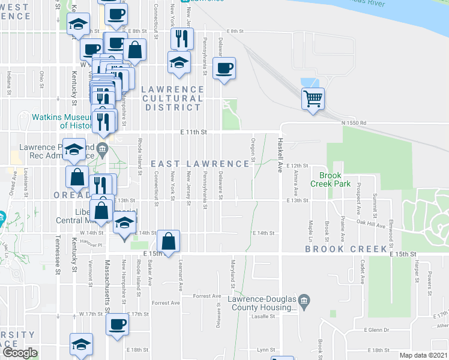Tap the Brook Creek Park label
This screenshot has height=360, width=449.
334,179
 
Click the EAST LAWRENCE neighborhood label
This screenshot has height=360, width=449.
199,164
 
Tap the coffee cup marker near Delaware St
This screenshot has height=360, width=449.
224,68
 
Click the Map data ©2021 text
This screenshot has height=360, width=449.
423,355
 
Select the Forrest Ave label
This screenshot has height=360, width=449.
208,296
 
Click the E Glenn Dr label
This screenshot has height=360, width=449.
376,330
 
